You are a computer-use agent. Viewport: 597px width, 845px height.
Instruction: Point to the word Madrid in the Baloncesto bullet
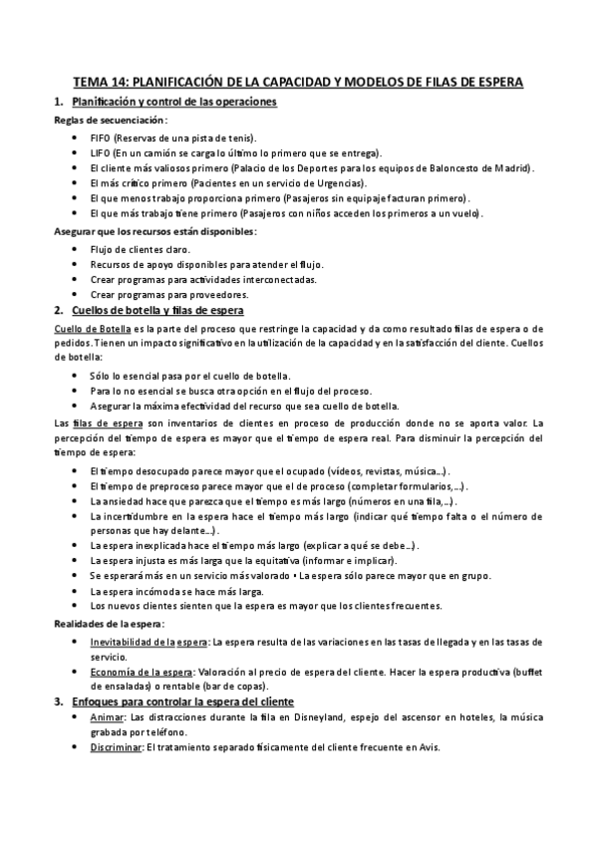click(509, 168)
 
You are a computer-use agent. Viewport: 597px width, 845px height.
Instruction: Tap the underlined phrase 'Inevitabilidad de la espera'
click(149, 641)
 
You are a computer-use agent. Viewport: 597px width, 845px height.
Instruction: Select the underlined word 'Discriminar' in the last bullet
click(117, 747)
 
